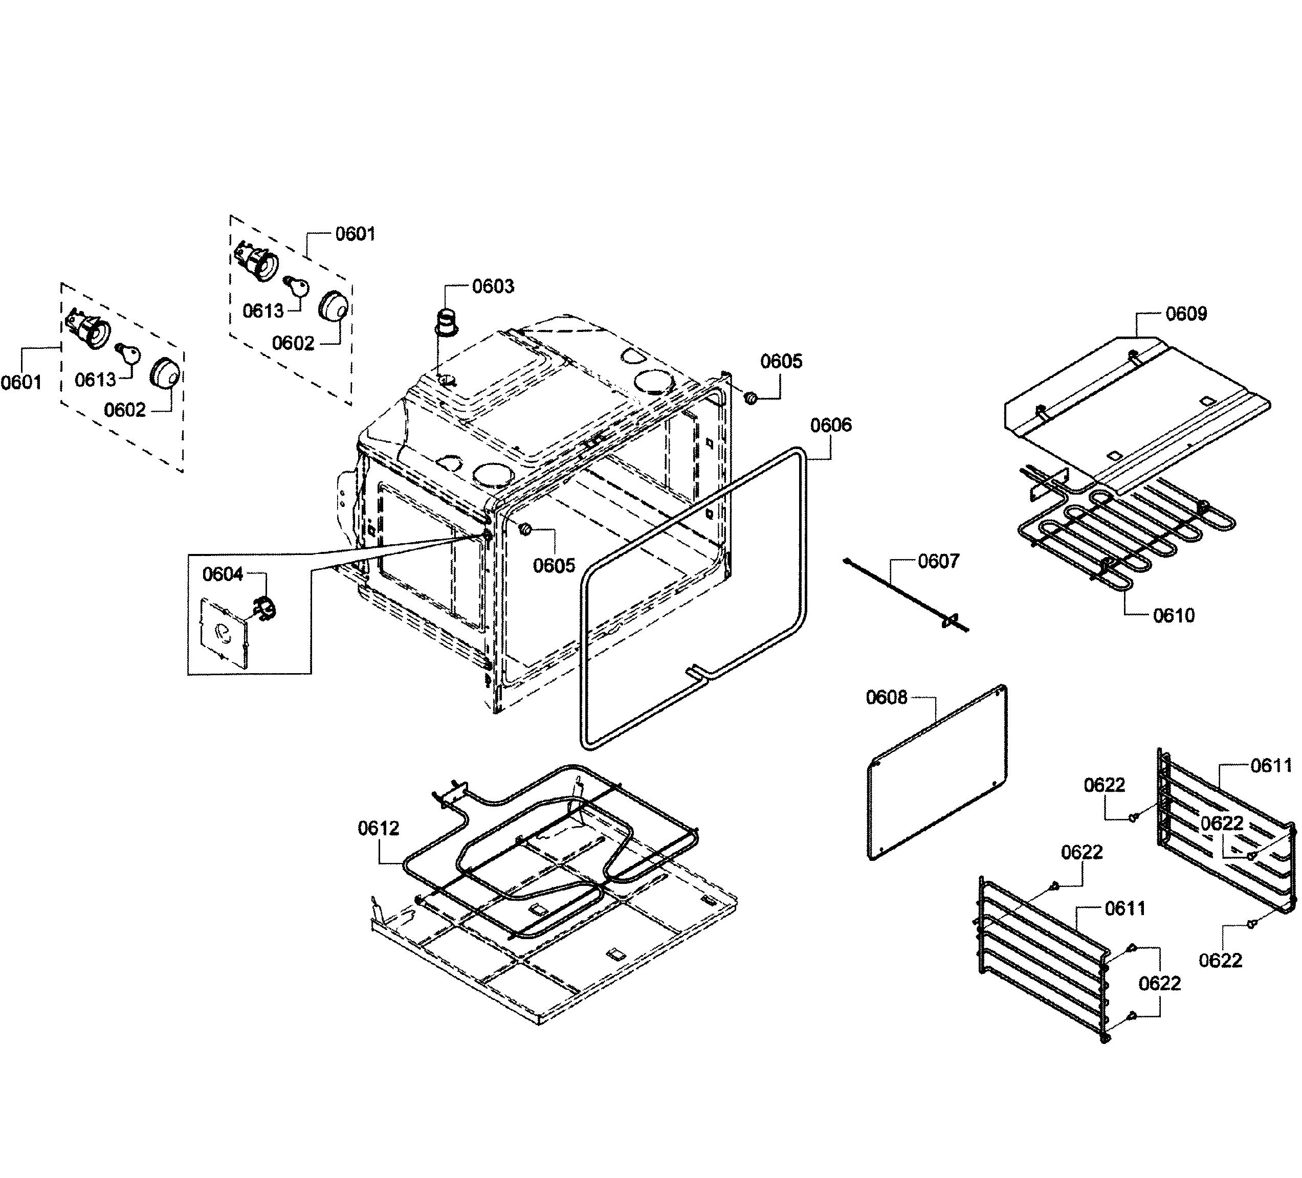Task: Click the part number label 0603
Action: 493,286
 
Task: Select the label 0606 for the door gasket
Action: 831,425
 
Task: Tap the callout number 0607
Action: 938,561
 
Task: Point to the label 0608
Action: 886,698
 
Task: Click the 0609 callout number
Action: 1186,314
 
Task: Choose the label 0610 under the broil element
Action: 1174,615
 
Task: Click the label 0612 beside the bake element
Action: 379,828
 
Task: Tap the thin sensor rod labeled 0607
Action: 904,595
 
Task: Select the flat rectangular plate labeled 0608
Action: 936,772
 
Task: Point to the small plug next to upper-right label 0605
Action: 751,398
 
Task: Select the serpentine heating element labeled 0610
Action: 1124,539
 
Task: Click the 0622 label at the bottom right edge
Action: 1220,961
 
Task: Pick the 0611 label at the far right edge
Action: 1271,766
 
